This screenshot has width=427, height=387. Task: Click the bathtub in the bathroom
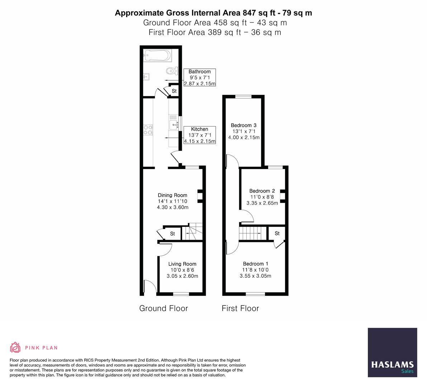pyautogui.click(x=157, y=56)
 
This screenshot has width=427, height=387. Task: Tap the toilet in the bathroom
pyautogui.click(x=172, y=70)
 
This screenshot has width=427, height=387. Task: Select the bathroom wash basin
pyautogui.click(x=146, y=76)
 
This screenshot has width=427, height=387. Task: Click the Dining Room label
pyautogui.click(x=172, y=195)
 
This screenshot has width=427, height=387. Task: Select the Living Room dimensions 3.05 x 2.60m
pyautogui.click(x=182, y=276)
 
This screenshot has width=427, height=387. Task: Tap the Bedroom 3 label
pyautogui.click(x=243, y=125)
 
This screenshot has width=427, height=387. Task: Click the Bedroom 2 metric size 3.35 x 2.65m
pyautogui.click(x=262, y=203)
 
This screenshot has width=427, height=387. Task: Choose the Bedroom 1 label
pyautogui.click(x=255, y=264)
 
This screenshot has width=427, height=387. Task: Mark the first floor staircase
pyautogui.click(x=253, y=233)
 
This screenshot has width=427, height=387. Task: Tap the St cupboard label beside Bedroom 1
pyautogui.click(x=277, y=233)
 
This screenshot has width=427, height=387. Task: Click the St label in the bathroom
pyautogui.click(x=174, y=91)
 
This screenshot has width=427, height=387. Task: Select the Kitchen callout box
pyautogui.click(x=199, y=135)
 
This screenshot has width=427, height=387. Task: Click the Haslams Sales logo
pyautogui.click(x=392, y=352)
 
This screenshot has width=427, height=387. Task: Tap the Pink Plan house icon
pyautogui.click(x=15, y=347)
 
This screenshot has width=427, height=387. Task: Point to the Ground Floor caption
pyautogui.click(x=163, y=308)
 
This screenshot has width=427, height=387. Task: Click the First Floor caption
pyautogui.click(x=240, y=308)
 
